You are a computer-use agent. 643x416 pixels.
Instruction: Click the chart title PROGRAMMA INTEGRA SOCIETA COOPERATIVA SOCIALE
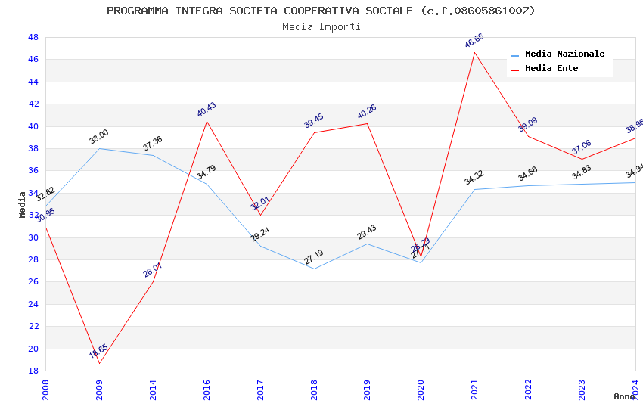pos(321,11)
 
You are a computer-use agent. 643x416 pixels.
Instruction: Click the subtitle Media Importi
pos(321,26)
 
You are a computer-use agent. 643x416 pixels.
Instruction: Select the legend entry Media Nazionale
pos(564,54)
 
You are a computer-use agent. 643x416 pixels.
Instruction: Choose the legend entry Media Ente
pos(551,68)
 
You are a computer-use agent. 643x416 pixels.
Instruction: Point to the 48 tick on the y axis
pos(33,37)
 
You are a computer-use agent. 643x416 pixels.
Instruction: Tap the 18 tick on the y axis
pos(33,371)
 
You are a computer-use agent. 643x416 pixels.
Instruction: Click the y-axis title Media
pos(23,204)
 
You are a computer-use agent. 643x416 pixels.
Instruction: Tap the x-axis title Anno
pos(624,396)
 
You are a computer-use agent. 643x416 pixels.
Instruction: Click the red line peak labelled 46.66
pos(474,52)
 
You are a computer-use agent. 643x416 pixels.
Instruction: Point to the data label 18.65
pos(98,352)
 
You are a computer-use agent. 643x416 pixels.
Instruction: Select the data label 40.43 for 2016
pos(207,110)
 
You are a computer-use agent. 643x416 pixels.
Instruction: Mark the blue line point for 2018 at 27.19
pos(313,269)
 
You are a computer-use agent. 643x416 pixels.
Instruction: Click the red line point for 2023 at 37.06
pos(582,159)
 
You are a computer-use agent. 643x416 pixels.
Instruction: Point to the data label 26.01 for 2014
pos(152,270)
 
